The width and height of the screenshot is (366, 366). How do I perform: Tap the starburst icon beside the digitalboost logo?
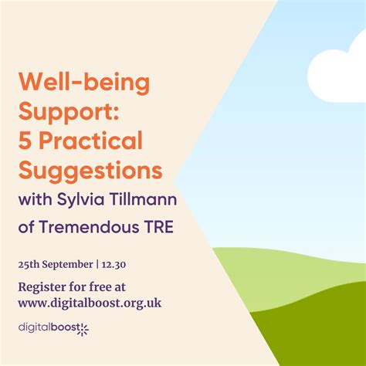[x=83, y=330]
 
